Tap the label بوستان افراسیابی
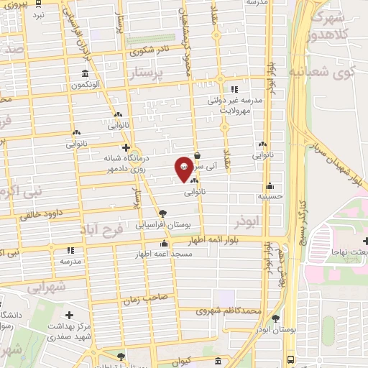(x=162, y=225)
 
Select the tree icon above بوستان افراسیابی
(x=162, y=213)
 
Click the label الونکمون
(x=85, y=85)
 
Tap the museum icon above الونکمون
(x=86, y=74)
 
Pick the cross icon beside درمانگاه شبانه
(x=126, y=148)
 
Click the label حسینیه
(x=270, y=195)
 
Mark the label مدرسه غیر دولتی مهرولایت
(x=234, y=106)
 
